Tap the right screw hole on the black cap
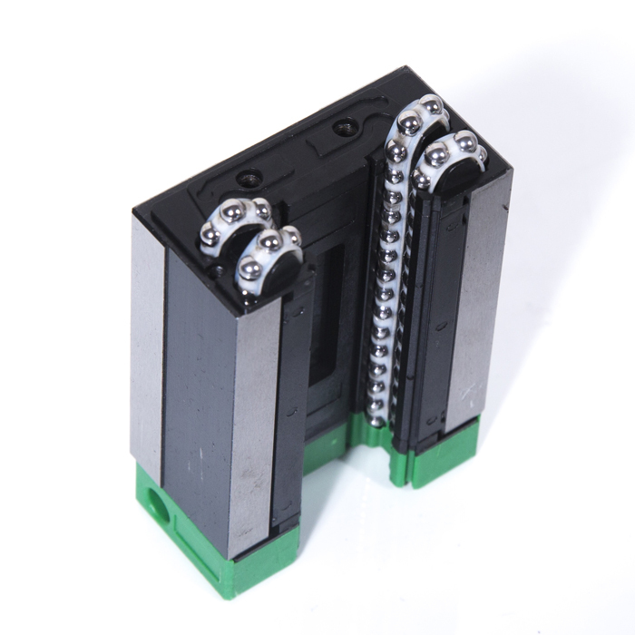(x=345, y=127)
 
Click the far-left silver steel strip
(x=148, y=345)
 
